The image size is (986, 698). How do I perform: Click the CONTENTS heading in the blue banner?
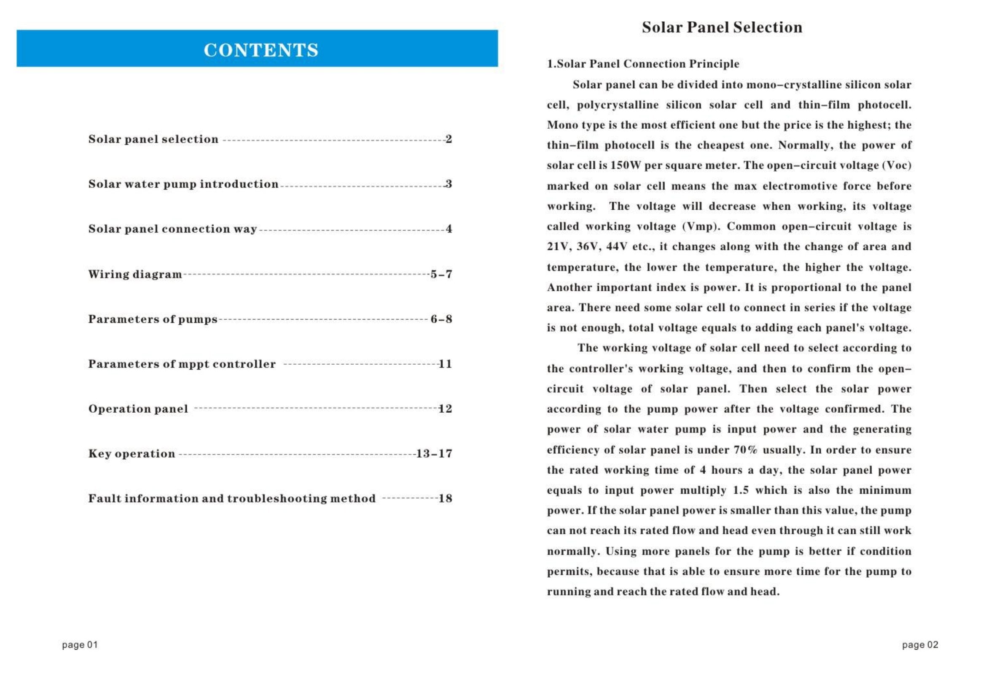(x=261, y=50)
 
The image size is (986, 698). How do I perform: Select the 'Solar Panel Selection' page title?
(x=722, y=27)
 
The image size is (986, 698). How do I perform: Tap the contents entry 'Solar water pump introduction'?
(x=183, y=184)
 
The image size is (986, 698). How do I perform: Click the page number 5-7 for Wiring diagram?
(x=441, y=274)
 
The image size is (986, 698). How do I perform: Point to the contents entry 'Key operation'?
(x=132, y=453)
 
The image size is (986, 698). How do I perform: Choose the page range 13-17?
(x=434, y=453)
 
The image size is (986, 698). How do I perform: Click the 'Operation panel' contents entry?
(x=138, y=409)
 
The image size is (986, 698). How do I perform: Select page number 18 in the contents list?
(x=445, y=498)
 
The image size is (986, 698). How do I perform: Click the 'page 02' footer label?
(x=920, y=645)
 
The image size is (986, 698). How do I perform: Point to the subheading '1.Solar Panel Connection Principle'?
(x=643, y=64)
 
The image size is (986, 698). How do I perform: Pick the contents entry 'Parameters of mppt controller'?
(x=182, y=364)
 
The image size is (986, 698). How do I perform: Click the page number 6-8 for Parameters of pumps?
(x=441, y=319)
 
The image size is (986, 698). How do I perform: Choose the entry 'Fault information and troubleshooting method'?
(x=232, y=498)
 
